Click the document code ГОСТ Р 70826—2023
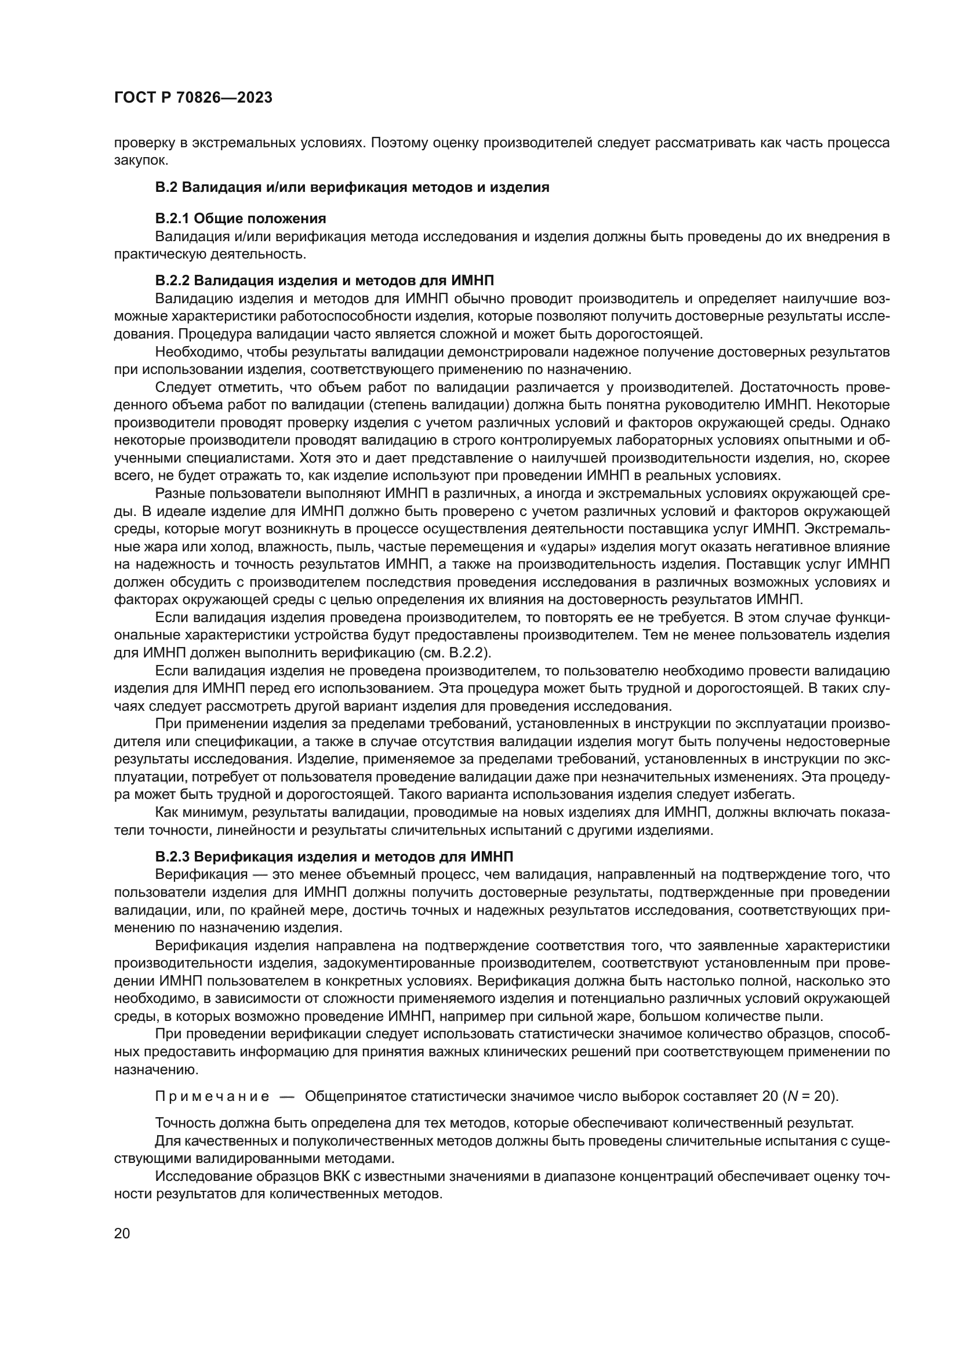(x=192, y=98)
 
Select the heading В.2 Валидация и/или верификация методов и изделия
(x=352, y=188)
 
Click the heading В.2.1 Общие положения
(x=241, y=219)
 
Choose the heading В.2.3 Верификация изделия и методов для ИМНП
(x=333, y=856)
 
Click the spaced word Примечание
(x=212, y=1097)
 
